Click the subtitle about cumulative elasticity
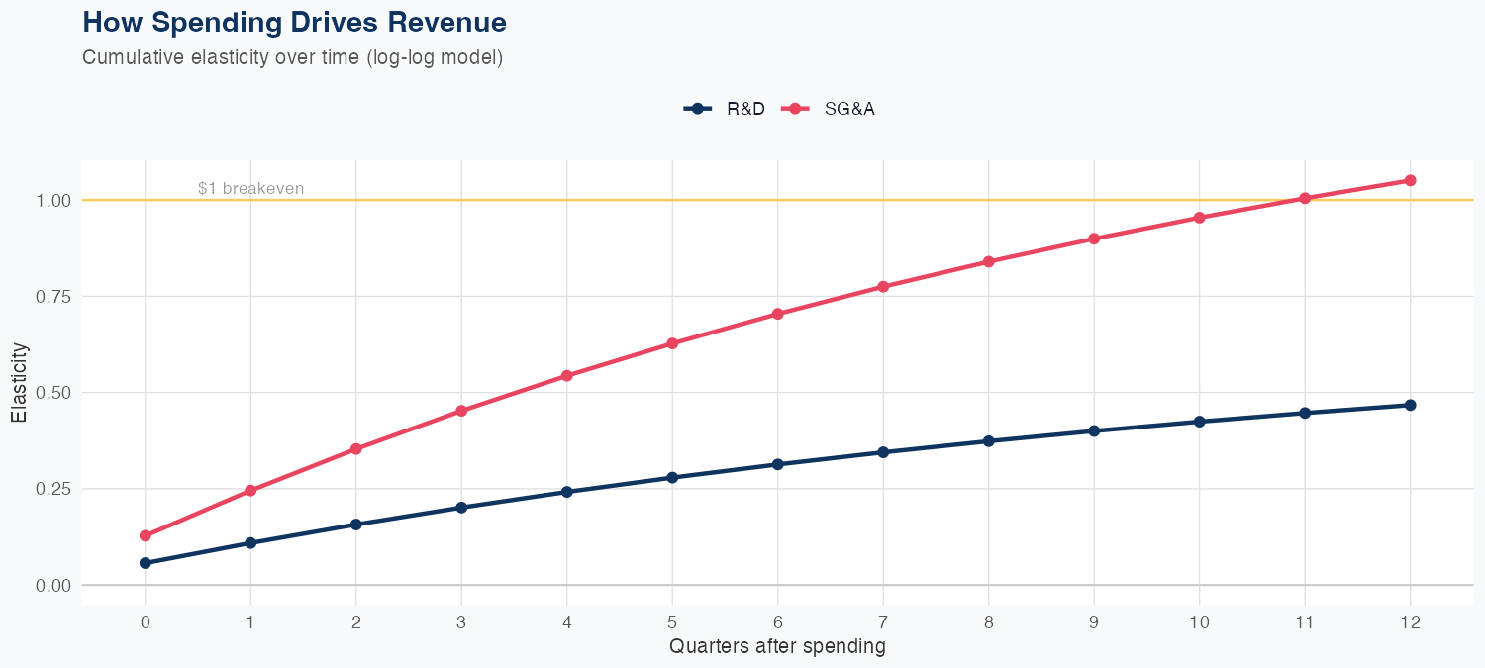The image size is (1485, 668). [x=293, y=57]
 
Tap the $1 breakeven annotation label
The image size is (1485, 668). [x=250, y=188]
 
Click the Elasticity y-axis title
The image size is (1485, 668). [x=19, y=382]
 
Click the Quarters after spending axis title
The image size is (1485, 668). [x=777, y=647]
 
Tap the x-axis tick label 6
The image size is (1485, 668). [x=777, y=622]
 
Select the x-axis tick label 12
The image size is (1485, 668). [x=1410, y=622]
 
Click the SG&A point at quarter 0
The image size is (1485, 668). [x=146, y=535]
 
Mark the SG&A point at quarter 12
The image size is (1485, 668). [x=1410, y=180]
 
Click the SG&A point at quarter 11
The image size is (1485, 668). [x=1305, y=198]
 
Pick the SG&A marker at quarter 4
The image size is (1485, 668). [x=566, y=376]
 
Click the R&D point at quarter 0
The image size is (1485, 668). [x=146, y=563]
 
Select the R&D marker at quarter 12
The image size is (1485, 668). [x=1410, y=405]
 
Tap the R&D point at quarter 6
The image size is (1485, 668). [x=777, y=464]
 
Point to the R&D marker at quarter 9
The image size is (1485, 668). [x=1094, y=430]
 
